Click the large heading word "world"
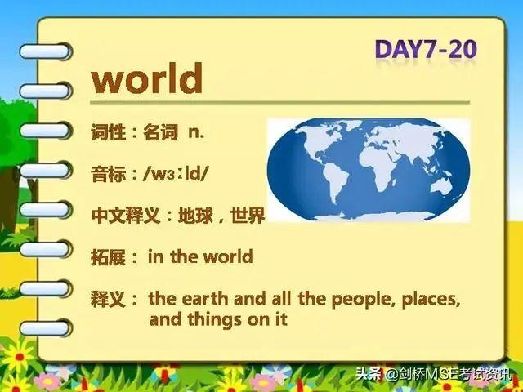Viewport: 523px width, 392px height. click(147, 78)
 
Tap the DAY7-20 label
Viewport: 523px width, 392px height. click(426, 50)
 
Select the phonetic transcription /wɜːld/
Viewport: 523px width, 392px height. click(175, 174)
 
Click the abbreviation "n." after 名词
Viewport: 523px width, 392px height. click(196, 132)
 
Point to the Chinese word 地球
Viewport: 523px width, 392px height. click(195, 216)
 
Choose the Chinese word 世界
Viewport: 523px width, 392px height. click(248, 215)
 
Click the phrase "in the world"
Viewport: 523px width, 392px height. click(200, 256)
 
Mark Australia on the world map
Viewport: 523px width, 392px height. click(441, 186)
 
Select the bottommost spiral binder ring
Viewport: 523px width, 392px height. click(46, 328)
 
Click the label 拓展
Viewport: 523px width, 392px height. click(108, 257)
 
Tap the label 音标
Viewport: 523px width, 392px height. click(108, 174)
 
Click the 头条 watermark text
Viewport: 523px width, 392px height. click(369, 373)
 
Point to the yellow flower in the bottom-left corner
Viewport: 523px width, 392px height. click(19, 355)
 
